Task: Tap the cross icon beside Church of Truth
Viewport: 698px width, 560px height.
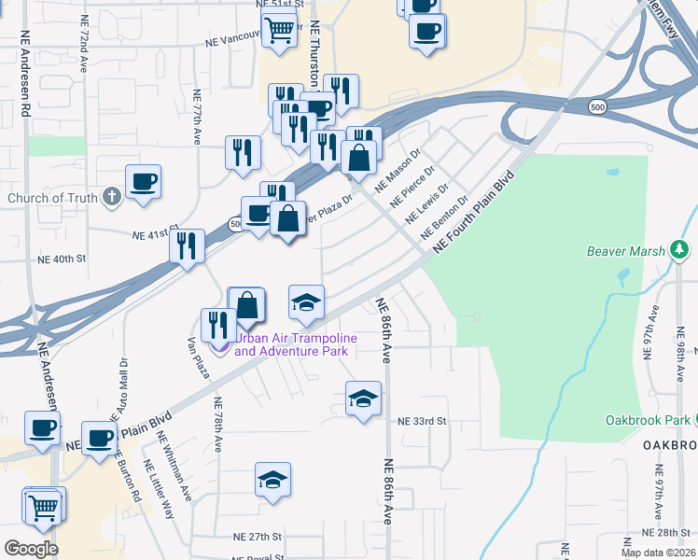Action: point(111,197)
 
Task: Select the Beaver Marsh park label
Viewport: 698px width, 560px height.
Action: point(625,251)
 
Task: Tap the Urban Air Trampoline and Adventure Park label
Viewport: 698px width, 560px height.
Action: point(291,345)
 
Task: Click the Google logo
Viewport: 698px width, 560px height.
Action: point(31,549)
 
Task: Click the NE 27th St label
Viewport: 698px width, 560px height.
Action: point(257,537)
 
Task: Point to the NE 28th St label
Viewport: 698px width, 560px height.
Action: point(665,531)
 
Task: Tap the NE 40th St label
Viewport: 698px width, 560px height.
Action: point(62,258)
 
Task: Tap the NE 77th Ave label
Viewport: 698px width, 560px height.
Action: point(198,117)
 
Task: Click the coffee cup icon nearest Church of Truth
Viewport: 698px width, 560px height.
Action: point(144,182)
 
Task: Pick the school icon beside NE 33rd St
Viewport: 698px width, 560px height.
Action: point(363,399)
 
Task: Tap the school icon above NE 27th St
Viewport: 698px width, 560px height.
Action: point(272,480)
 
